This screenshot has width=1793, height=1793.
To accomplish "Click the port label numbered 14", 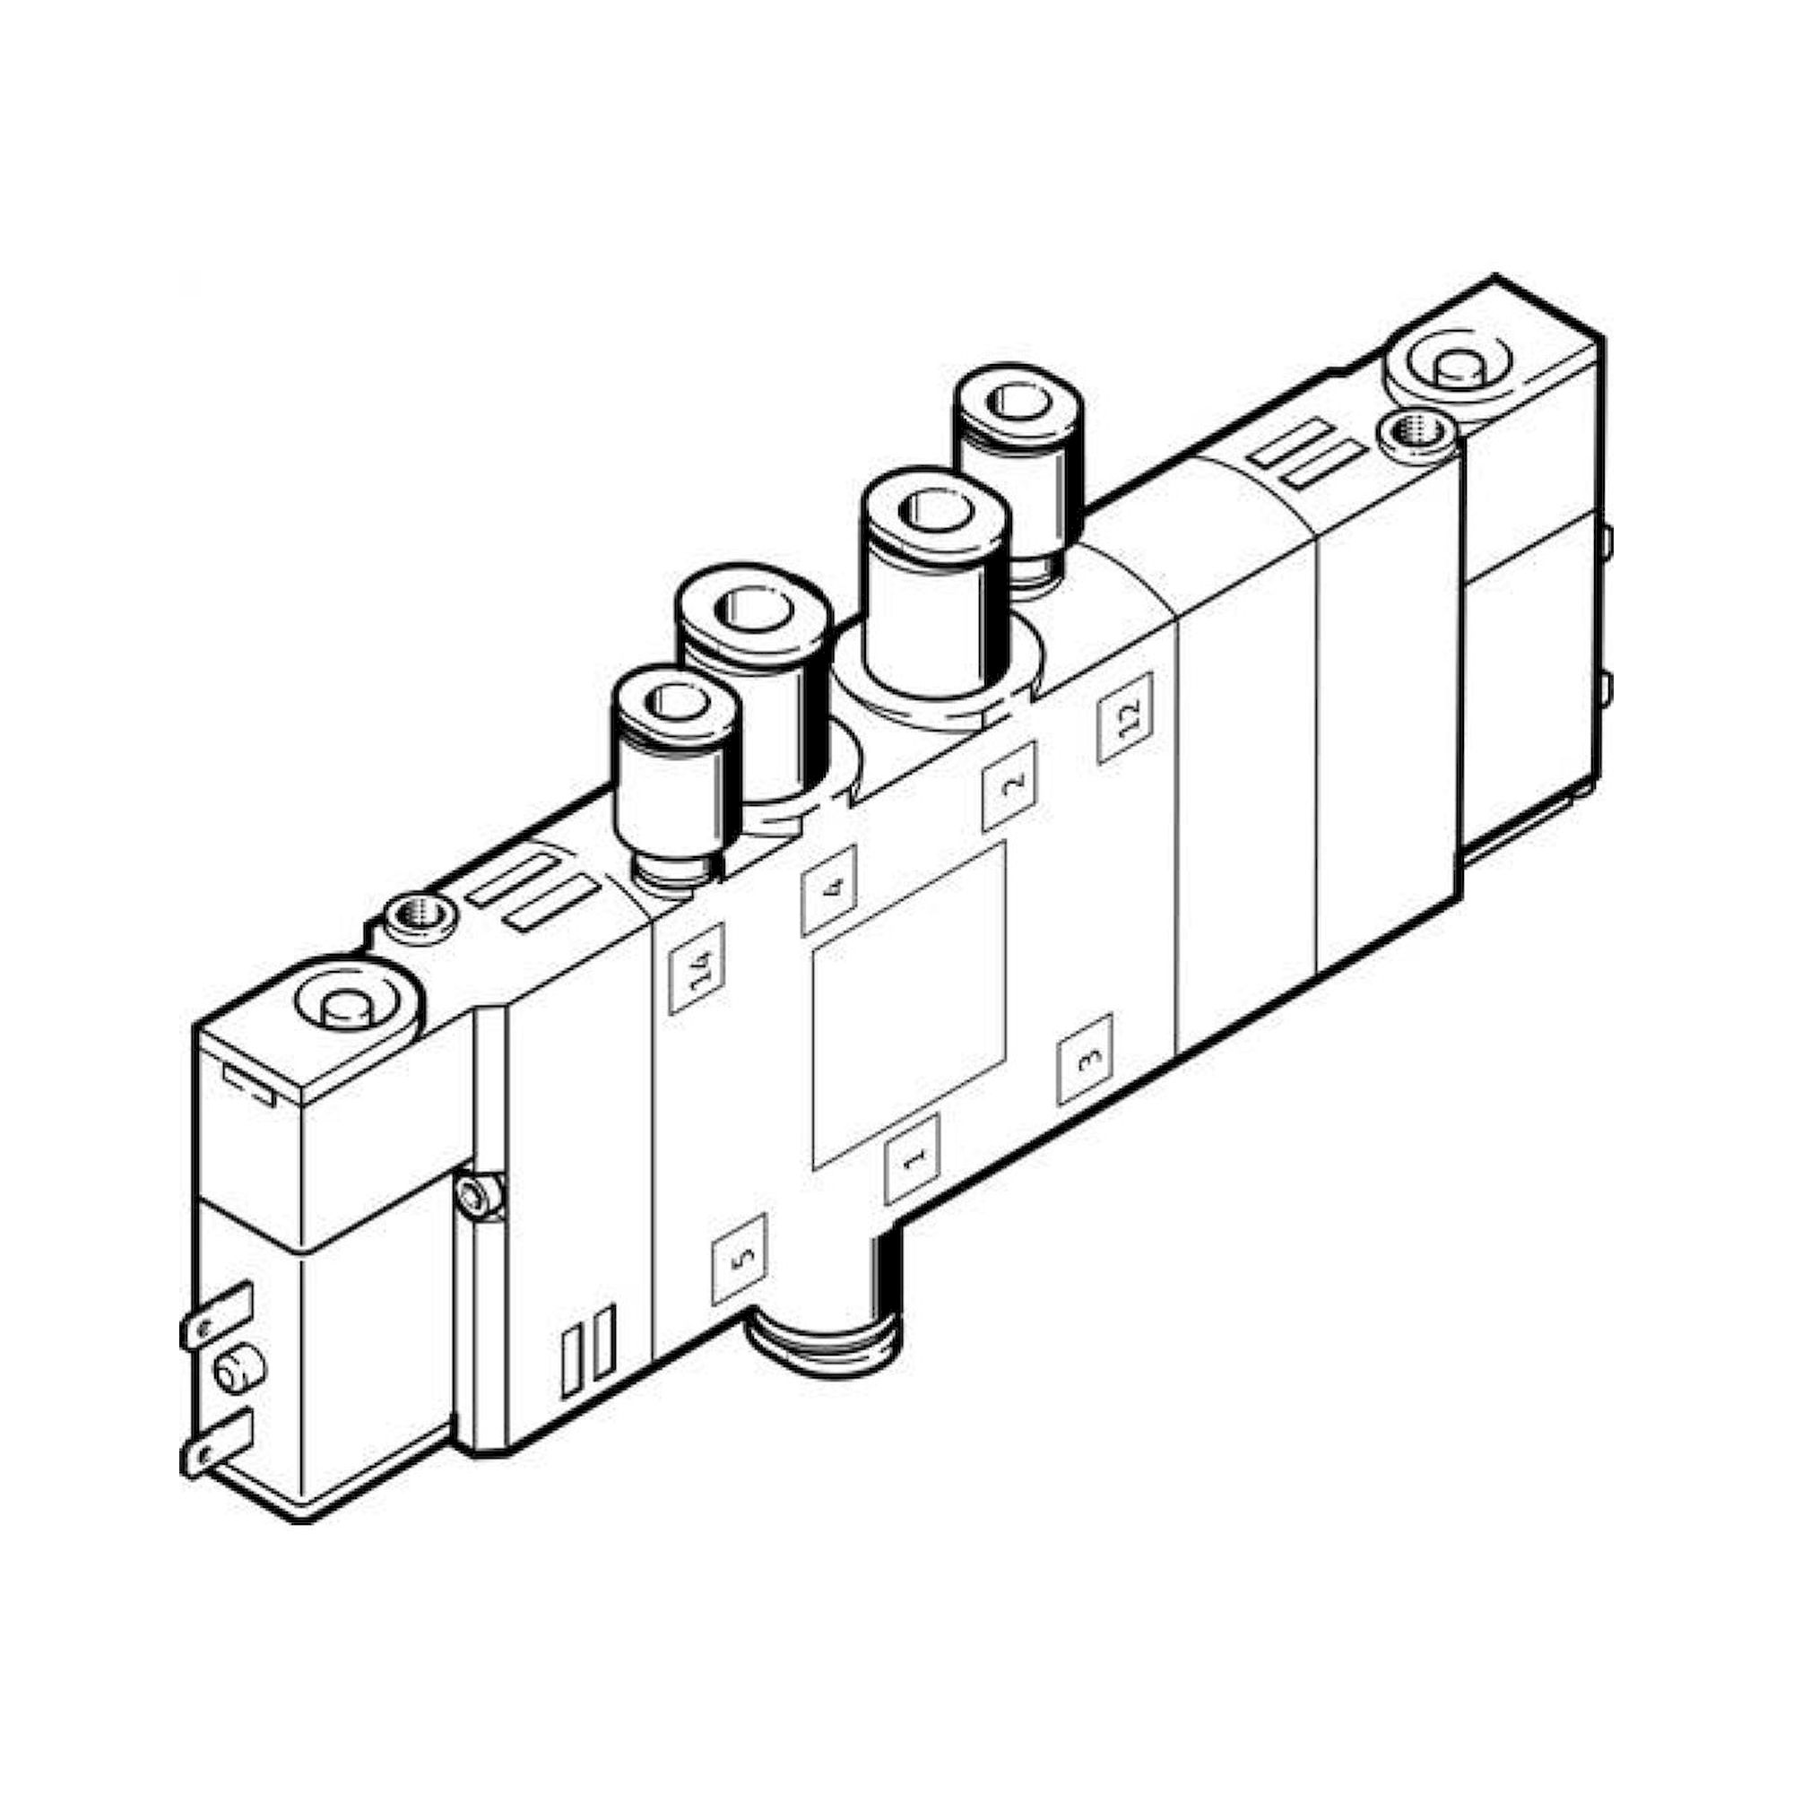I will pos(695,967).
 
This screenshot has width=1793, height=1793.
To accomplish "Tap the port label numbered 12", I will pos(1125,717).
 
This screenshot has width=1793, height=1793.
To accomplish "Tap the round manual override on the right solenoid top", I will pos(1454,368).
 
